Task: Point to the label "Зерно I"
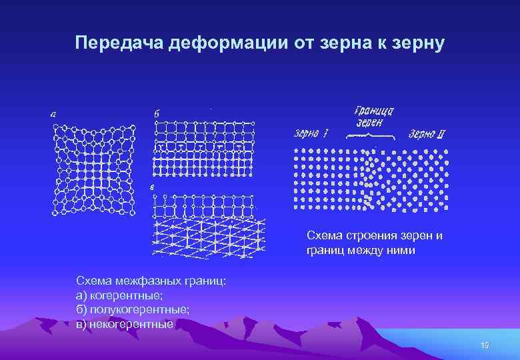[x=311, y=134]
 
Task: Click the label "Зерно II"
[x=427, y=134]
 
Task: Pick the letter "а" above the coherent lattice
[x=53, y=114]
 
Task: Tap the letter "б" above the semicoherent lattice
[x=157, y=114]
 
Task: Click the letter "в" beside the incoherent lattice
[x=152, y=187]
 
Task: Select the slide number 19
[x=485, y=345]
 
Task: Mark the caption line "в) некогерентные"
[x=125, y=324]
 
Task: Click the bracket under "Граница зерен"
[x=373, y=136]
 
